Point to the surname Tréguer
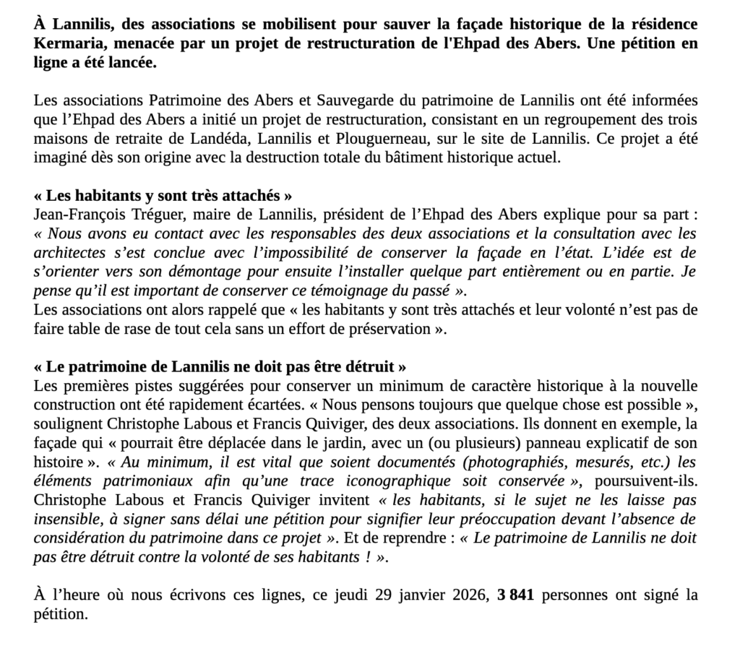click(158, 215)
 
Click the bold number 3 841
click(516, 596)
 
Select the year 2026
click(468, 596)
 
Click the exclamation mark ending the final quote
click(369, 558)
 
